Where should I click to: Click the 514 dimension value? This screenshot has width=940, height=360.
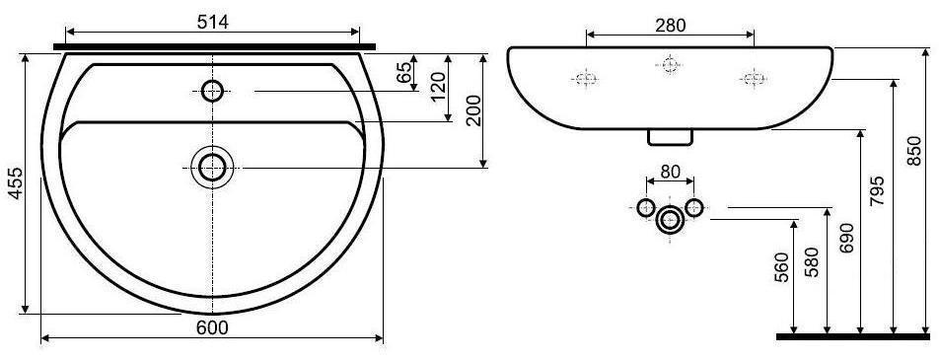(x=213, y=22)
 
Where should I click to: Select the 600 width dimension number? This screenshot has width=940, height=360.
(x=213, y=327)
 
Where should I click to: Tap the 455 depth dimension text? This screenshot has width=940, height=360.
(x=16, y=182)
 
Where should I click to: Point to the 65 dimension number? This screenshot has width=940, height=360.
(x=404, y=72)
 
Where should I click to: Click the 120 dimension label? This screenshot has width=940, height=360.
(x=438, y=88)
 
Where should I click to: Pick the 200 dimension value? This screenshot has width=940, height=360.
(x=473, y=110)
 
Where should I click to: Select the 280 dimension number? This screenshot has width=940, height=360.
(x=670, y=26)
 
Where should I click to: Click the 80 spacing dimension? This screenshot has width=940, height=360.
(x=670, y=172)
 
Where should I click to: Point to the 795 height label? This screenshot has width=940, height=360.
(x=877, y=191)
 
